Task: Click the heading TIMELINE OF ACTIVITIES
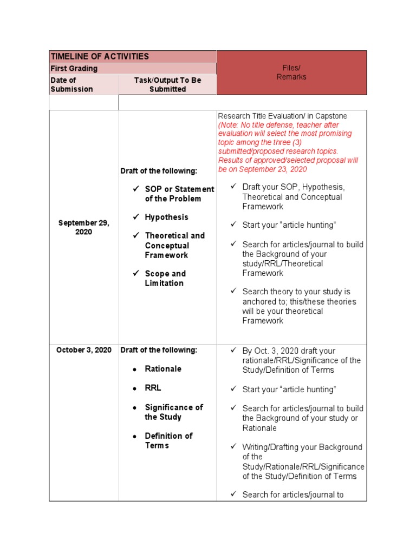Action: [x=99, y=57]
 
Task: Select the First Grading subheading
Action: [x=74, y=69]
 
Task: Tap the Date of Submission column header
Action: [x=71, y=84]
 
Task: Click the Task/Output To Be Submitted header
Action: [x=167, y=84]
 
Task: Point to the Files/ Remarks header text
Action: [x=291, y=72]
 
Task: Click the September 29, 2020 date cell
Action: [x=83, y=227]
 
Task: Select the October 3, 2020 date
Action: [x=83, y=350]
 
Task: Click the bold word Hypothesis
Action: [x=166, y=217]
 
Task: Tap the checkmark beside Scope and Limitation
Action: [x=136, y=273]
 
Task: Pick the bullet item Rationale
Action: [x=163, y=369]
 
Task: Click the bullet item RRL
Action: [x=153, y=388]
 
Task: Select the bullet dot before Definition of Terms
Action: [x=135, y=437]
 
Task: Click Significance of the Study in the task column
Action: [x=173, y=412]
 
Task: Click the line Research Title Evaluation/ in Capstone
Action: [x=282, y=116]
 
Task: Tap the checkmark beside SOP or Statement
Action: [x=136, y=189]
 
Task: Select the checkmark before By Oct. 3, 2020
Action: [x=233, y=351]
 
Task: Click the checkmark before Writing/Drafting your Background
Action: [x=233, y=447]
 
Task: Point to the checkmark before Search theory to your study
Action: [x=233, y=291]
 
